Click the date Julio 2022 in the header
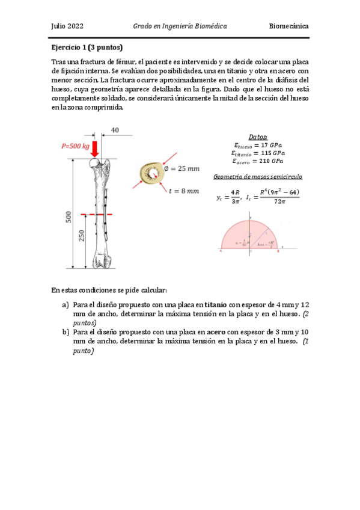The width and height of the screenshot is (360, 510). (67, 27)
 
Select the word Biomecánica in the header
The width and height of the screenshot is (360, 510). (288, 27)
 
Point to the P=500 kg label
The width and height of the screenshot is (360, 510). (75, 146)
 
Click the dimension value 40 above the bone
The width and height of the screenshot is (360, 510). (115, 130)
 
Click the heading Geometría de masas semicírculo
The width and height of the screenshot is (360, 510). (258, 177)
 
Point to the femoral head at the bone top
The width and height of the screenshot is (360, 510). (94, 162)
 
